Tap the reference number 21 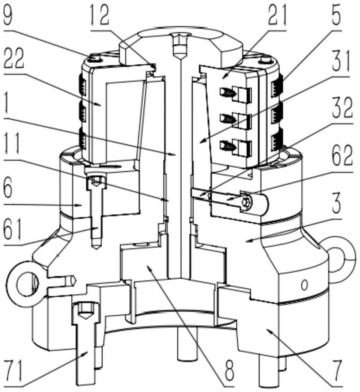[x=276, y=15]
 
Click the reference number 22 [x=14, y=59]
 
